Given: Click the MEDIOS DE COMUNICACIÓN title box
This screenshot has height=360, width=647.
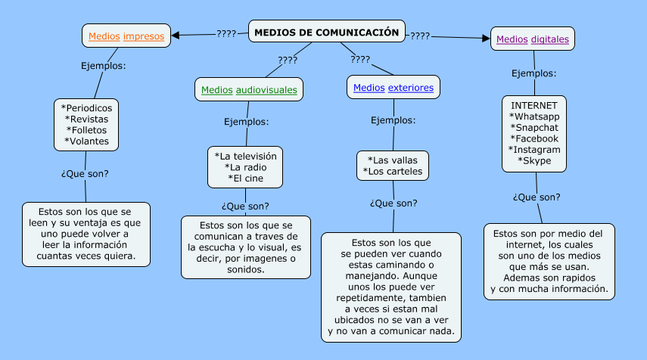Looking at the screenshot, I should click(326, 32).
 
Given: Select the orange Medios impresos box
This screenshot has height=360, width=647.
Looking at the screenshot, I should click(126, 36).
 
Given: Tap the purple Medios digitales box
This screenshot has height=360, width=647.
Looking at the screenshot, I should click(532, 39).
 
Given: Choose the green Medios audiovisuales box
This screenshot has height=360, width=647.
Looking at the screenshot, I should click(249, 89).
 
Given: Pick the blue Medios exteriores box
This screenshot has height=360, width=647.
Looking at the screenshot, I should click(393, 88).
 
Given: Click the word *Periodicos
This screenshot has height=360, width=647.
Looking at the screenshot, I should click(86, 107).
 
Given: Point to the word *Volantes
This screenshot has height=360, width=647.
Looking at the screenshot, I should click(86, 141).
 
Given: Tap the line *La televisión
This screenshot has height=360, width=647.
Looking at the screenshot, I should click(246, 156).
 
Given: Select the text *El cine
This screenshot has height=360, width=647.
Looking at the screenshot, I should click(246, 178).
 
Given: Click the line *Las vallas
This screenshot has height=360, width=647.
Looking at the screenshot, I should click(393, 160).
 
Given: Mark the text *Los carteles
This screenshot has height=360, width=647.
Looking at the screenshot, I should click(393, 172).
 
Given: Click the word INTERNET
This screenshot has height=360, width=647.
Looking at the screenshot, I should click(534, 105).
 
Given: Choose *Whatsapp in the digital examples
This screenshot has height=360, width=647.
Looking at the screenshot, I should click(534, 116).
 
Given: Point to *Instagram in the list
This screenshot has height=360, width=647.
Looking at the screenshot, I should click(534, 149).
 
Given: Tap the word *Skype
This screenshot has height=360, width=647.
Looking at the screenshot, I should click(534, 160).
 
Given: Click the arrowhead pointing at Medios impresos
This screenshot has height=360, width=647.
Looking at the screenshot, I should click(176, 35).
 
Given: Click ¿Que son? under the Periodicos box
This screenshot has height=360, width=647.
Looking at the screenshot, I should click(85, 173).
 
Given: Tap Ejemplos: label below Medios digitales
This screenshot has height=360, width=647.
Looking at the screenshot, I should click(534, 73).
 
